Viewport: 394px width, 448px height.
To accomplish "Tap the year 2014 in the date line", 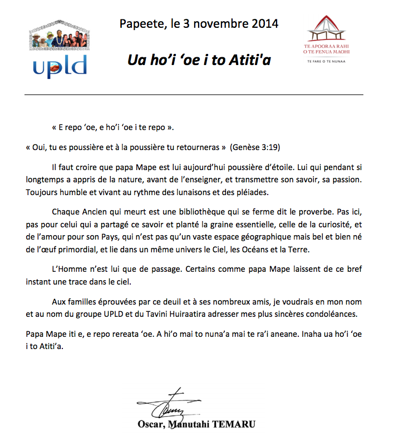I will (264, 24).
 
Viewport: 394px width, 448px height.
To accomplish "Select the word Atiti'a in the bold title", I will (249, 59).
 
